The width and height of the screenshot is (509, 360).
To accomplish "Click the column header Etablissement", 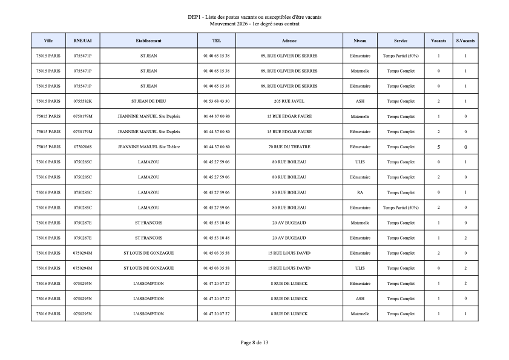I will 148,41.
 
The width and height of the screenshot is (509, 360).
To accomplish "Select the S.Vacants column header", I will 465,41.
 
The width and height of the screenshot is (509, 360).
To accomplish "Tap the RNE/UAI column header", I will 82,41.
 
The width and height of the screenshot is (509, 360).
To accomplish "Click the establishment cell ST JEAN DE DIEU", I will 148,101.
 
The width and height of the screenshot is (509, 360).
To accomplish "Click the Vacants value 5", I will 438,147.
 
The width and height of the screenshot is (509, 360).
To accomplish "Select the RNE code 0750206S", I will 82,147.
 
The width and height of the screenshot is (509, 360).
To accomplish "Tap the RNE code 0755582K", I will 82,101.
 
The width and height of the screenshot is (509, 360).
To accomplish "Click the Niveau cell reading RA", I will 360,192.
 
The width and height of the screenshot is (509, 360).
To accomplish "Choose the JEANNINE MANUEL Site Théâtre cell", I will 148,147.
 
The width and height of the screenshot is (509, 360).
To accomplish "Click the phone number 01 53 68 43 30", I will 217,101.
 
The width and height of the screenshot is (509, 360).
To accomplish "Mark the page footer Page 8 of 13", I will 254,342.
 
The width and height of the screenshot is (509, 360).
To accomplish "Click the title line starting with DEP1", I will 254,17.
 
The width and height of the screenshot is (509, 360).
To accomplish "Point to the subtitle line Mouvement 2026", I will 254,24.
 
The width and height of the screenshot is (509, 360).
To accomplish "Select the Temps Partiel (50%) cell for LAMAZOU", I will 401,208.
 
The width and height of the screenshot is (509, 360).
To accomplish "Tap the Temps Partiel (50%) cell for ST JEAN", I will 401,56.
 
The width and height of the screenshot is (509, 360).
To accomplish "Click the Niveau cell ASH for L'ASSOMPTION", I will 360,299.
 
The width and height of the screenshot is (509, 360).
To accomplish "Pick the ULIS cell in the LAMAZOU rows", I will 360,162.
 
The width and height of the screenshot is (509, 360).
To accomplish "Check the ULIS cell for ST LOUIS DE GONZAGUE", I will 360,268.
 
